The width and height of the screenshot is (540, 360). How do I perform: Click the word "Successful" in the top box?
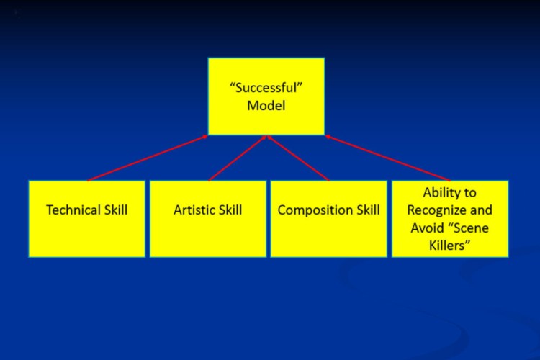[266, 88]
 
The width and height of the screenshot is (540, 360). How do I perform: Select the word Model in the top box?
[266, 105]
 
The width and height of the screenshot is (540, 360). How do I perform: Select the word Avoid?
[427, 228]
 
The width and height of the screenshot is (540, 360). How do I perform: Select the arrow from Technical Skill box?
[148, 158]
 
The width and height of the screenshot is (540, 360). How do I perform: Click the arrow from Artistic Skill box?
[238, 158]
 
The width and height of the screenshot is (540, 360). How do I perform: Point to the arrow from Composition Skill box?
[298, 158]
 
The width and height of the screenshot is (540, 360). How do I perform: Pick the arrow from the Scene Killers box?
[388, 158]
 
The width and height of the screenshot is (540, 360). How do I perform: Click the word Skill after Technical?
[116, 210]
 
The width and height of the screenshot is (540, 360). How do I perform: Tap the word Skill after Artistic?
[229, 210]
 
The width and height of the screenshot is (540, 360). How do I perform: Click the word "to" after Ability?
[469, 192]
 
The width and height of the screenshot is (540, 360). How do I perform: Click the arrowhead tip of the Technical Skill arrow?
[207, 136]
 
